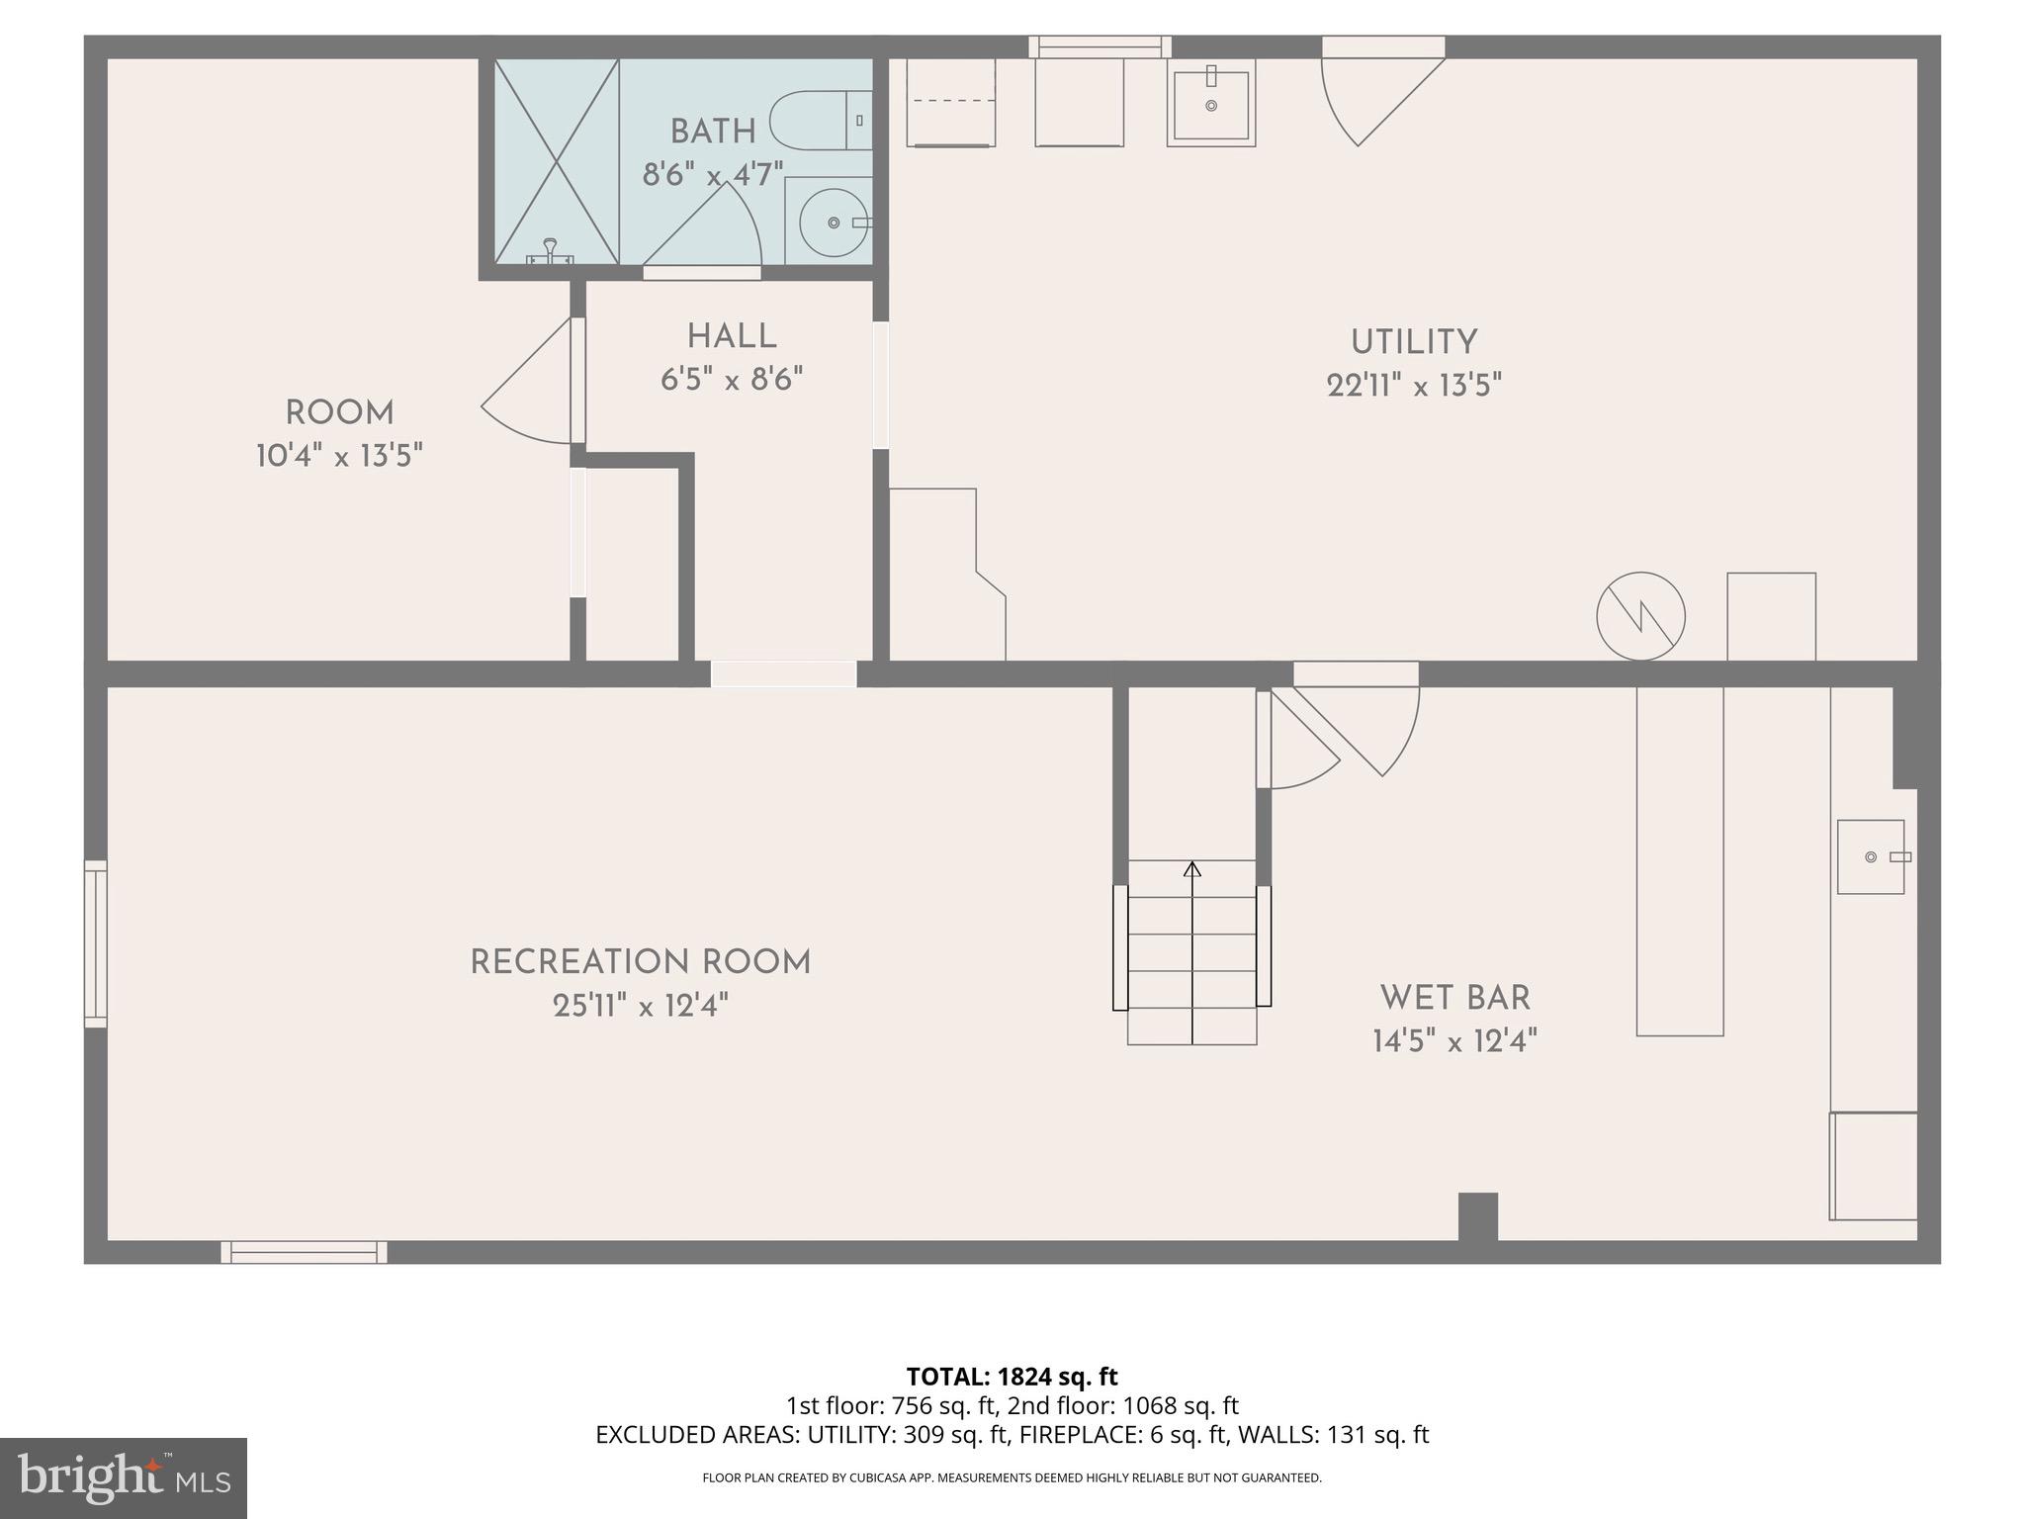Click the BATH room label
pyautogui.click(x=713, y=132)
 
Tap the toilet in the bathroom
pyautogui.click(x=820, y=120)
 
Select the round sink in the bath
pyautogui.click(x=834, y=223)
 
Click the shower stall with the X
pyautogui.click(x=557, y=161)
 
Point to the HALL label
pyautogui.click(x=732, y=337)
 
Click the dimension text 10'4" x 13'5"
pyautogui.click(x=339, y=456)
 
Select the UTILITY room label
pyautogui.click(x=1414, y=343)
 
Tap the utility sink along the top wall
pyautogui.click(x=1210, y=103)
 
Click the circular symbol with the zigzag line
pyautogui.click(x=1640, y=616)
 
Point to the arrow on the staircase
pyautogui.click(x=1192, y=869)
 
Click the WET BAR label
pyautogui.click(x=1454, y=998)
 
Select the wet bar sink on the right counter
pyautogui.click(x=1871, y=856)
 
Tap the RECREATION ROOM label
pyautogui.click(x=640, y=962)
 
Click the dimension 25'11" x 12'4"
pyautogui.click(x=640, y=1006)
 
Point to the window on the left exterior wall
pyautogui.click(x=95, y=943)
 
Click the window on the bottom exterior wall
pyautogui.click(x=304, y=1252)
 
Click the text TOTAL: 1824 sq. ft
pyautogui.click(x=1012, y=1377)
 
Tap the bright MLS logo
pyautogui.click(x=124, y=1477)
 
